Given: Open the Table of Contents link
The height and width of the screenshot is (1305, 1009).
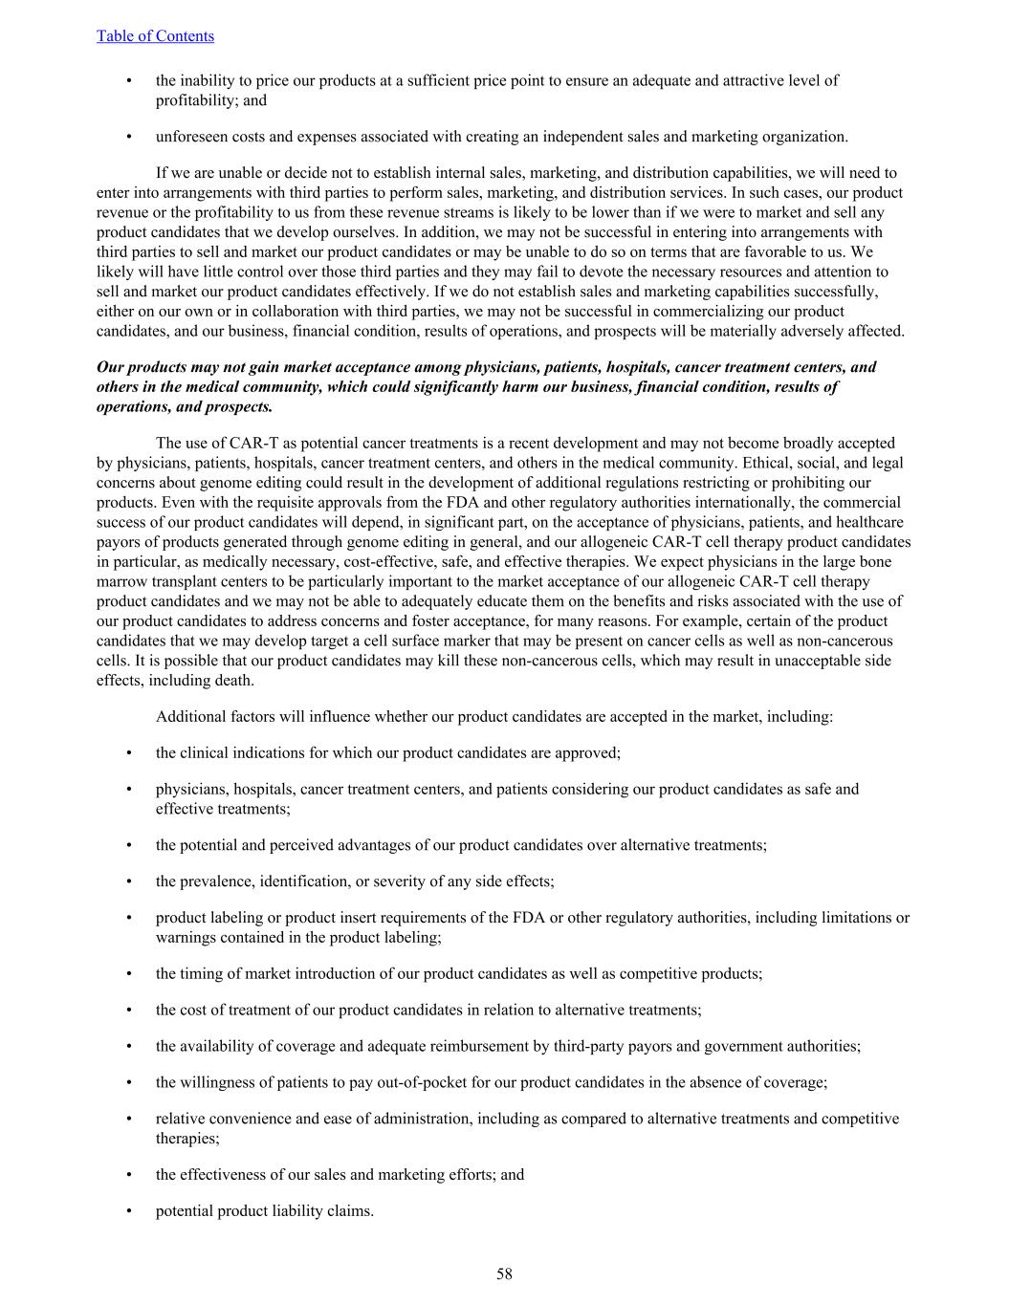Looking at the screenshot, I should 155,36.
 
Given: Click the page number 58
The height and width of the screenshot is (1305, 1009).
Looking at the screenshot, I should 504,1273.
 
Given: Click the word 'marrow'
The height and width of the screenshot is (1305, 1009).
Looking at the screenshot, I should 121,581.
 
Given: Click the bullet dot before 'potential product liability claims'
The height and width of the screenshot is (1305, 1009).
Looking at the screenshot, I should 129,1211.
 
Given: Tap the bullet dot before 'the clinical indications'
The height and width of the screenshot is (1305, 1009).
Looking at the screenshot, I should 129,753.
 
